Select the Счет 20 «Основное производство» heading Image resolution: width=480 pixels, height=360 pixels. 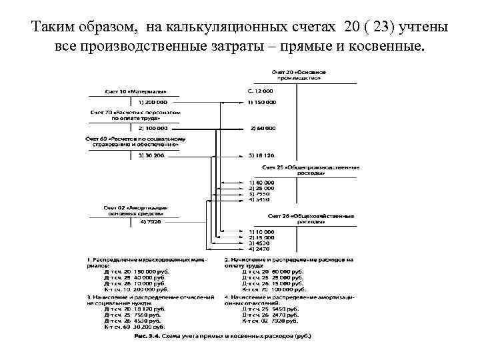(297, 74)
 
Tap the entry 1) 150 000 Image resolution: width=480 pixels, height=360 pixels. (261, 102)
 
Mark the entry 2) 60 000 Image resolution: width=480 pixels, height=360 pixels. (263, 127)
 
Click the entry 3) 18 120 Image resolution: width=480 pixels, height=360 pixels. (261, 155)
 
